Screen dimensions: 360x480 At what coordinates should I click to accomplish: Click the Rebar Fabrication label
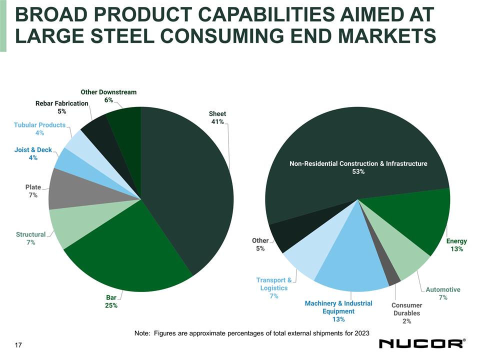(x=62, y=103)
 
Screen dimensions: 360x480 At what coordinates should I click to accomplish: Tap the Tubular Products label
(x=40, y=125)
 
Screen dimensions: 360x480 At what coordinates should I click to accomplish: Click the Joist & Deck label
(x=33, y=150)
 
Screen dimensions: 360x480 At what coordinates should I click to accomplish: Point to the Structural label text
(x=30, y=234)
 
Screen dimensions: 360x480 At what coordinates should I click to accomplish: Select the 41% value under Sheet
(x=217, y=122)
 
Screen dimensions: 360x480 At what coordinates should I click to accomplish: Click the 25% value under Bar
(x=111, y=306)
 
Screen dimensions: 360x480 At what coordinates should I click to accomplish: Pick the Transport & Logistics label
(x=274, y=284)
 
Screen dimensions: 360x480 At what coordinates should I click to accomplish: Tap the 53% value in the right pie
(x=358, y=171)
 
